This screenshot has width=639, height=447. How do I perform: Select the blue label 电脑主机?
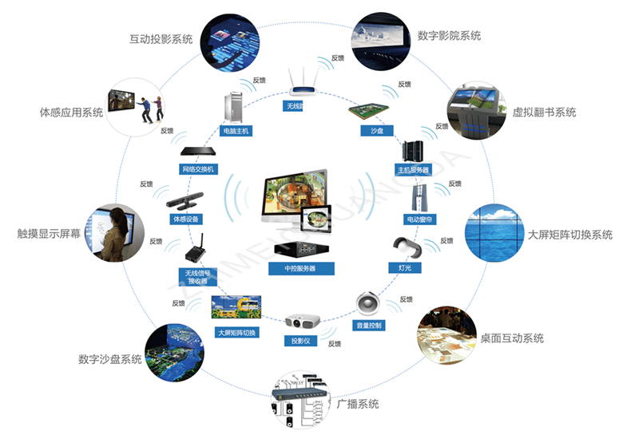coord(236,130)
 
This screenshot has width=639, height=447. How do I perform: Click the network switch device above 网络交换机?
coord(197,152)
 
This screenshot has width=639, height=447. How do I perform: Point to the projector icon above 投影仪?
coord(302,322)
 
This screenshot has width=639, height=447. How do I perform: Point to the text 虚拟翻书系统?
coord(544,113)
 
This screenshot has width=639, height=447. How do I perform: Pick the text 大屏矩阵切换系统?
coord(570,235)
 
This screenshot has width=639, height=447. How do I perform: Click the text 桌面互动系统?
coord(512,338)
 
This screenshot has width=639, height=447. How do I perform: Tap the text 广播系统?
coord(357,405)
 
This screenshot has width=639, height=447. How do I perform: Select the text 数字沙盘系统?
coord(110,359)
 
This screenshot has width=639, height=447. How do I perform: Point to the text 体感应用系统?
coord(71,113)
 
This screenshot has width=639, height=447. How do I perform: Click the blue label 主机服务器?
coord(413,170)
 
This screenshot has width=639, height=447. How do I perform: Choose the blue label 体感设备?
coord(186,218)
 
